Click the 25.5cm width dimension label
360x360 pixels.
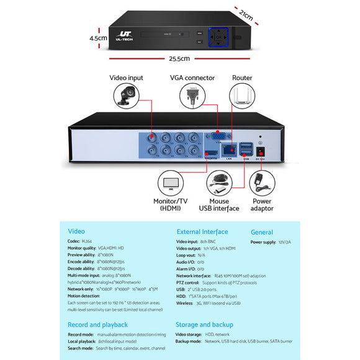pyautogui.click(x=180, y=59)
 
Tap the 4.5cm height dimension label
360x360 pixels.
pyautogui.click(x=99, y=37)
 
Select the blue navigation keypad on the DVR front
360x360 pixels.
pyautogui.click(x=219, y=37)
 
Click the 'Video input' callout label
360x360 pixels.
pyautogui.click(x=126, y=78)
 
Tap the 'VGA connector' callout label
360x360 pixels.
pyautogui.click(x=192, y=78)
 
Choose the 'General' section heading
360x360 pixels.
pyautogui.click(x=262, y=232)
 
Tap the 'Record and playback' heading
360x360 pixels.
pyautogui.click(x=97, y=324)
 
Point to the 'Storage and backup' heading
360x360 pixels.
pyautogui.click(x=204, y=324)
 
